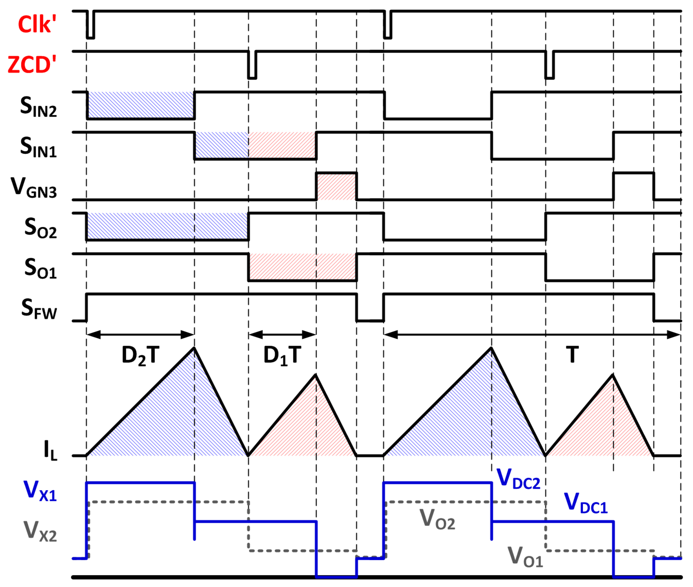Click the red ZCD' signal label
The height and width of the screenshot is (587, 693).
pos(32,65)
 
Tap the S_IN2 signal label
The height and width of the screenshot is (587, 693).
pos(38,106)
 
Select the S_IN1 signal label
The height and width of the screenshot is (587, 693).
pos(38,147)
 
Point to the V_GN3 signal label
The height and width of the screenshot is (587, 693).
pos(34,187)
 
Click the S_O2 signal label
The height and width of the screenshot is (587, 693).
pos(40,228)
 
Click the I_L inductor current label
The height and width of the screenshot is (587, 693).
pos(50,450)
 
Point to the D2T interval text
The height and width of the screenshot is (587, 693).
pos(140,356)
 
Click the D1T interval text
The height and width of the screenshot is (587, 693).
pos(282,356)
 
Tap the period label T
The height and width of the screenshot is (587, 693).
pos(572,354)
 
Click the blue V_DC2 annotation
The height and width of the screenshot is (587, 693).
pos(518,479)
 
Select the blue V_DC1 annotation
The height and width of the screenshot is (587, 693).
pos(586,503)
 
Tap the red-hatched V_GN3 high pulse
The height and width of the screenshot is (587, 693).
pos(336,187)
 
